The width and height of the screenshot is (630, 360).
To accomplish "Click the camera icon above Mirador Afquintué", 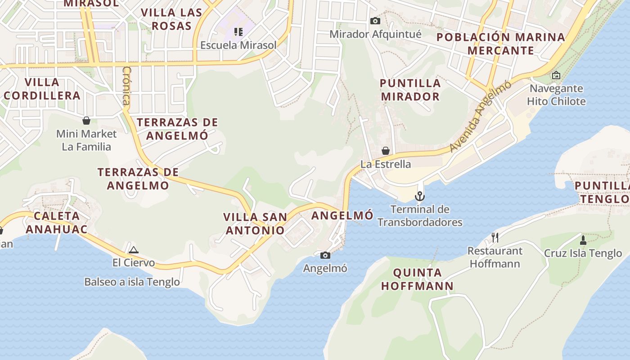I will coord(375,21).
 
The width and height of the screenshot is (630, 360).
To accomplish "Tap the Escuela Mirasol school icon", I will coord(238,31).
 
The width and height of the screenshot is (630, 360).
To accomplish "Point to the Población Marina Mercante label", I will coord(500,44).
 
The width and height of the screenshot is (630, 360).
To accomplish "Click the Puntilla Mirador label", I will coord(410,90).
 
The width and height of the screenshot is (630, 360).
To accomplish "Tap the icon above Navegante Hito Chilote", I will coord(556,75).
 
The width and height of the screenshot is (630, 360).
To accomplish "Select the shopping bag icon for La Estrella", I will coord(386,151).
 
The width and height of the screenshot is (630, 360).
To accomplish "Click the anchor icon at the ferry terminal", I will coord(419,196).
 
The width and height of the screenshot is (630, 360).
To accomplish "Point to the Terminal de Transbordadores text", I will coord(420,216).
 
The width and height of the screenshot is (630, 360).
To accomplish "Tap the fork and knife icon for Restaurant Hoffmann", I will coord(495,237).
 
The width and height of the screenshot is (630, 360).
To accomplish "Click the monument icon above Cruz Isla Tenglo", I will coord(583,240).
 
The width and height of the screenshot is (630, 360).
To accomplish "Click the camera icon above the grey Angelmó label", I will coord(325,256).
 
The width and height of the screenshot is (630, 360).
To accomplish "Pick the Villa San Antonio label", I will coord(255,224).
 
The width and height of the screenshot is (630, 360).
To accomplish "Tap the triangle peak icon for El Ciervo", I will coord(133,250).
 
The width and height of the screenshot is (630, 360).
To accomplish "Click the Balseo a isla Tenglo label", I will coord(132,282).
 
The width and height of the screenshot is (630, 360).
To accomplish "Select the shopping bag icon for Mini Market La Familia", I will coord(86,121).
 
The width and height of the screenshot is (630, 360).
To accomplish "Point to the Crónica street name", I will coord(126,85).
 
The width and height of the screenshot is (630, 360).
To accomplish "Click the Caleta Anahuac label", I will coord(56,222).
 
